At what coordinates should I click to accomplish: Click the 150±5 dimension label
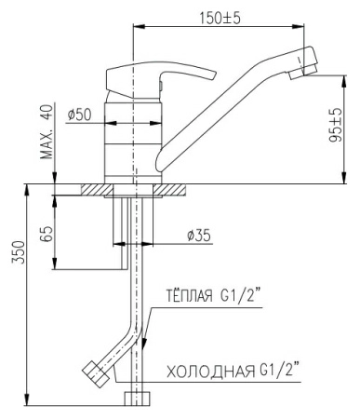tap(220, 19)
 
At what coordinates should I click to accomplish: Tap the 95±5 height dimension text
tap(335, 125)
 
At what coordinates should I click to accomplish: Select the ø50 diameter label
tap(80, 115)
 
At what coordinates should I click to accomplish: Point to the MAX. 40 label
tap(47, 131)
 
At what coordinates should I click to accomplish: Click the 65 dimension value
tap(47, 234)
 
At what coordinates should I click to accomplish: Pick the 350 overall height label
tap(18, 251)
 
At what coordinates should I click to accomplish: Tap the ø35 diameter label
tap(199, 236)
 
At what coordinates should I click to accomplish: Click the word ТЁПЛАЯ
tap(190, 295)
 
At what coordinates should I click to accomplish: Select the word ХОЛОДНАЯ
tap(210, 372)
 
